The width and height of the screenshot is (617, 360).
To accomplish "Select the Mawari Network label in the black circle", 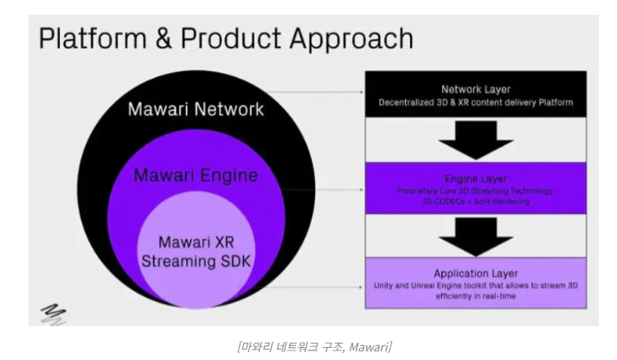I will [196, 110].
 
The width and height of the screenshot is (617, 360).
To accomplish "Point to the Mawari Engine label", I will [196, 176].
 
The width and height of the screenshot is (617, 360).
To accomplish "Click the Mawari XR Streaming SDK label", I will [196, 250].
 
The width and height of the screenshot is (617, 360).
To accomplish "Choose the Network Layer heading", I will [475, 89].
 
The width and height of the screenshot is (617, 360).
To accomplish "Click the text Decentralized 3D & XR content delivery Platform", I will [475, 103].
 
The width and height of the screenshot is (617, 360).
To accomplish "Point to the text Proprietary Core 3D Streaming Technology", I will [475, 189].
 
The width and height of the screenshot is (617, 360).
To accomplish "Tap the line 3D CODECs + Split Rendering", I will [475, 201].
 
